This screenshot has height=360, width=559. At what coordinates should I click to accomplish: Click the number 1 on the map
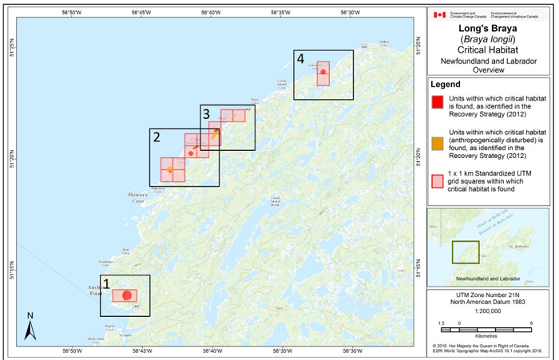(107, 283)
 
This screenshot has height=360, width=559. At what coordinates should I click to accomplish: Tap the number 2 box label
(157, 136)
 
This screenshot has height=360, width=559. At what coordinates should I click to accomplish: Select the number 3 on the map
(206, 113)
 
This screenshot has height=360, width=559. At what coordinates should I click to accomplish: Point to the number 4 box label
(300, 58)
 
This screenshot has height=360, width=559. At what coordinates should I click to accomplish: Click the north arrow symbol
(29, 326)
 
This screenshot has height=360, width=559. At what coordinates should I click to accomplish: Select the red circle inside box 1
(126, 296)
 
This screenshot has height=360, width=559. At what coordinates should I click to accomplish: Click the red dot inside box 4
(323, 73)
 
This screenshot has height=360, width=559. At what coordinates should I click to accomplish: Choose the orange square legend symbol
(437, 143)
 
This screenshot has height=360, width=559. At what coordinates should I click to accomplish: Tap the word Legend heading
(447, 84)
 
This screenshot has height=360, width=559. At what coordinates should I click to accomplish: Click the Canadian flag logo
(439, 14)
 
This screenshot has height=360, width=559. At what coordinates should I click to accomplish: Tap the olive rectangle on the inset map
(466, 252)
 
